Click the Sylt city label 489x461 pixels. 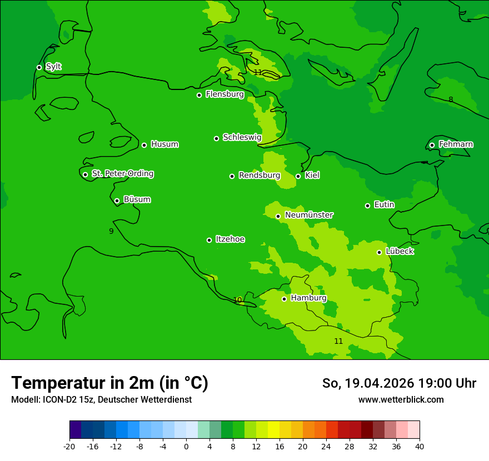53,67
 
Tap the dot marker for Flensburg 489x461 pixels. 199,95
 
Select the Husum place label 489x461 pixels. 164,144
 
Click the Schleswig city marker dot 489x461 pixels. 217,138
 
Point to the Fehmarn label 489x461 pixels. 456,144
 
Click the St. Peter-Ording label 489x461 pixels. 122,174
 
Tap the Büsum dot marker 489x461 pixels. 117,201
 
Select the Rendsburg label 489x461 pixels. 260,176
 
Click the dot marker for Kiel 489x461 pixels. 298,176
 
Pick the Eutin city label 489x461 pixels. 384,205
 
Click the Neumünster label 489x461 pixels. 309,215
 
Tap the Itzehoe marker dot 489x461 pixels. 209,240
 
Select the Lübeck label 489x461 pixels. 400,252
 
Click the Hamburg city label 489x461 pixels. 308,298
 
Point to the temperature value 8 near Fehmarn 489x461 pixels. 451,99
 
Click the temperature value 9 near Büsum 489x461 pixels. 111,231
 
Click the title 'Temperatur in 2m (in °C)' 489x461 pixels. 109,383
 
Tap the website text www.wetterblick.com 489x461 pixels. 401,399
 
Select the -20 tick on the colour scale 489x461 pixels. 69,446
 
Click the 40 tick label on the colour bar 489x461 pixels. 420,446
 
